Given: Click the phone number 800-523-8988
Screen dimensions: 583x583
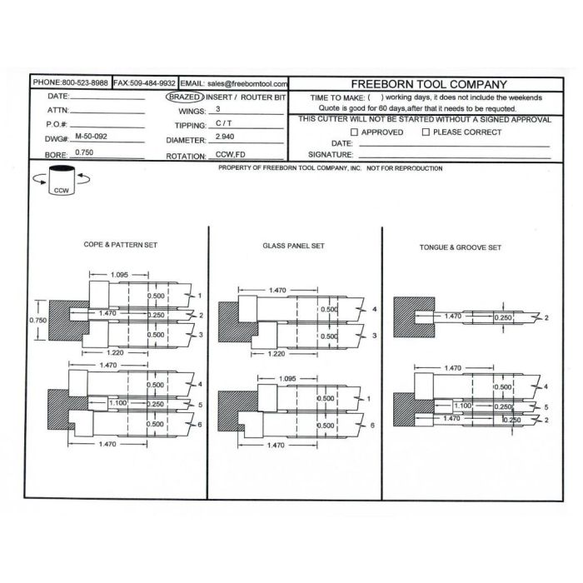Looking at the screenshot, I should [82, 83].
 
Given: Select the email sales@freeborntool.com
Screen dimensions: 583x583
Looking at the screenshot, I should [247, 84].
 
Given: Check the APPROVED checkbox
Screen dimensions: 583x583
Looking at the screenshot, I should [355, 132].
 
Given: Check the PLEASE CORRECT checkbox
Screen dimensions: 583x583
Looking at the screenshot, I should [426, 132].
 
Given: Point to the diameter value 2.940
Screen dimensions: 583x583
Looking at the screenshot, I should [225, 136].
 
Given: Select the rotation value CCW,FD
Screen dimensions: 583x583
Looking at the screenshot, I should [230, 155].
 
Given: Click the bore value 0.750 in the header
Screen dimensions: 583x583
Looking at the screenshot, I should [83, 152].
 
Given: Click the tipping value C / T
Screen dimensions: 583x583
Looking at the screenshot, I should [223, 123].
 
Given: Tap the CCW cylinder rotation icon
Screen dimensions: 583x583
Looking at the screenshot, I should [61, 180].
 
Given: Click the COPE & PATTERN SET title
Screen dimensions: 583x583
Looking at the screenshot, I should [120, 245].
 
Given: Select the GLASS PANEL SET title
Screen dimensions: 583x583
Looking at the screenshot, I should [293, 247].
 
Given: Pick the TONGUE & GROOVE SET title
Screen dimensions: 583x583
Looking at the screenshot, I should [460, 247].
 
